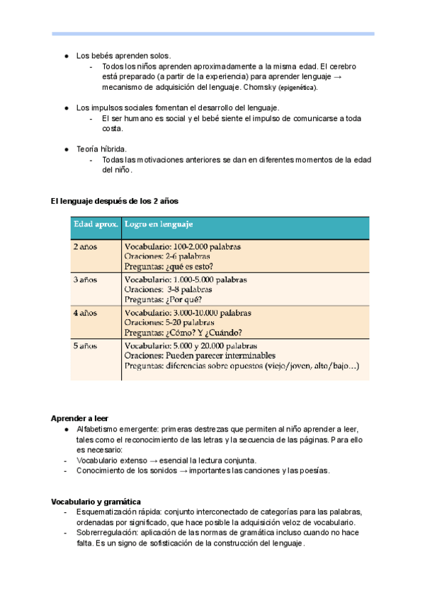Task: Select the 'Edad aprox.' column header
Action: pyautogui.click(x=94, y=225)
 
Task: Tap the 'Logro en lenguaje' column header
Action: pyautogui.click(x=158, y=225)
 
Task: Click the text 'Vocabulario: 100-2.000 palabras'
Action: pyautogui.click(x=183, y=247)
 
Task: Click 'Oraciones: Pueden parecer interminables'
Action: pyautogui.click(x=200, y=356)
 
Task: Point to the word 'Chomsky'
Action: pyautogui.click(x=259, y=88)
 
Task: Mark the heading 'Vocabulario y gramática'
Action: pyautogui.click(x=96, y=502)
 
